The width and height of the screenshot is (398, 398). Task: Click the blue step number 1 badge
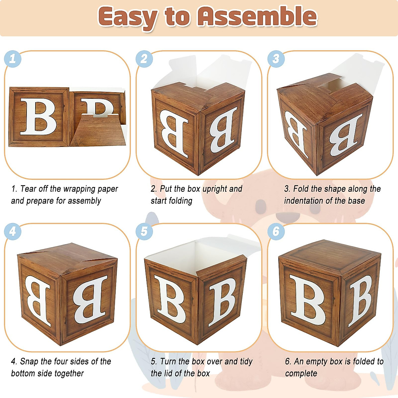coord(13,59)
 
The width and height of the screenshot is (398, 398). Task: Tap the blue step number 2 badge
coord(144,59)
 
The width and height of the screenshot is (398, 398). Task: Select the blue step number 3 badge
coord(276,59)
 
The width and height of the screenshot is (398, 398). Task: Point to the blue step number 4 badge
coord(13,231)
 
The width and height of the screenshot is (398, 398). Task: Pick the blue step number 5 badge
coord(144,231)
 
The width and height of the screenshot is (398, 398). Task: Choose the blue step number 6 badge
coord(276,231)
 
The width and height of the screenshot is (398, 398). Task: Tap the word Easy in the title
coord(128,17)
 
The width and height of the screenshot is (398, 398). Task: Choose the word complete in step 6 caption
coord(301,373)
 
